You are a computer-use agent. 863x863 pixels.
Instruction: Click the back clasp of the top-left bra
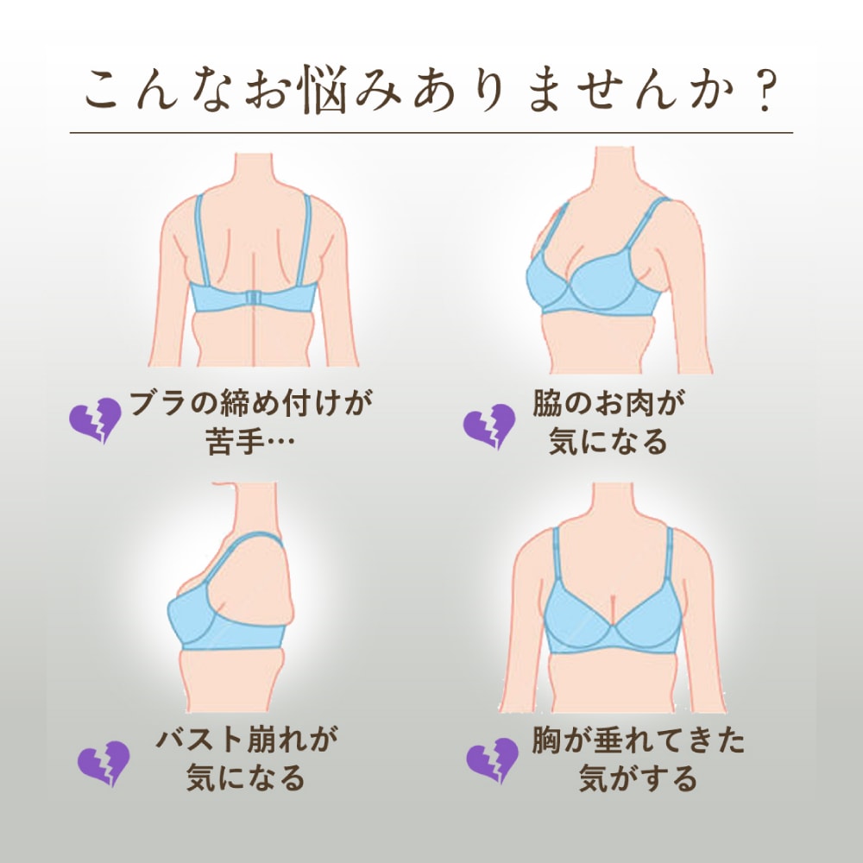(x=254, y=299)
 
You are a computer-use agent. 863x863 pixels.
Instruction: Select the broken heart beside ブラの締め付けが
(x=95, y=420)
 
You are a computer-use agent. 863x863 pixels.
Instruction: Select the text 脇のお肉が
(x=608, y=403)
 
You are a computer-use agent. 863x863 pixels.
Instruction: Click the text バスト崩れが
(x=246, y=740)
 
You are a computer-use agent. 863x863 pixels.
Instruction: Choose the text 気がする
(x=638, y=778)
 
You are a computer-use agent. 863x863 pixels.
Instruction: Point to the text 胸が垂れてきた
(x=638, y=740)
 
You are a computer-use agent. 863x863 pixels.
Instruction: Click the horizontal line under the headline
(x=431, y=133)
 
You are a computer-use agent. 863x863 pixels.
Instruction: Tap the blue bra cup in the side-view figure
(x=192, y=614)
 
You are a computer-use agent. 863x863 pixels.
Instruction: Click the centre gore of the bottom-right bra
(x=613, y=625)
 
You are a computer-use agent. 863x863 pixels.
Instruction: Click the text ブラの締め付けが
(x=251, y=403)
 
